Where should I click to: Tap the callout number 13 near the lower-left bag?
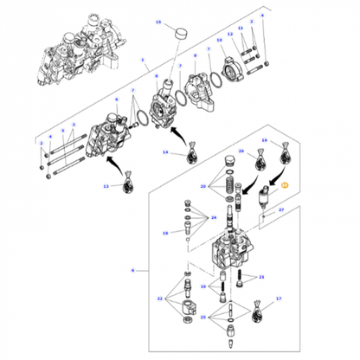(x=106, y=186)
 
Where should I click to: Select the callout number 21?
(x=262, y=277)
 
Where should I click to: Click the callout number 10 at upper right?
(x=219, y=40)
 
